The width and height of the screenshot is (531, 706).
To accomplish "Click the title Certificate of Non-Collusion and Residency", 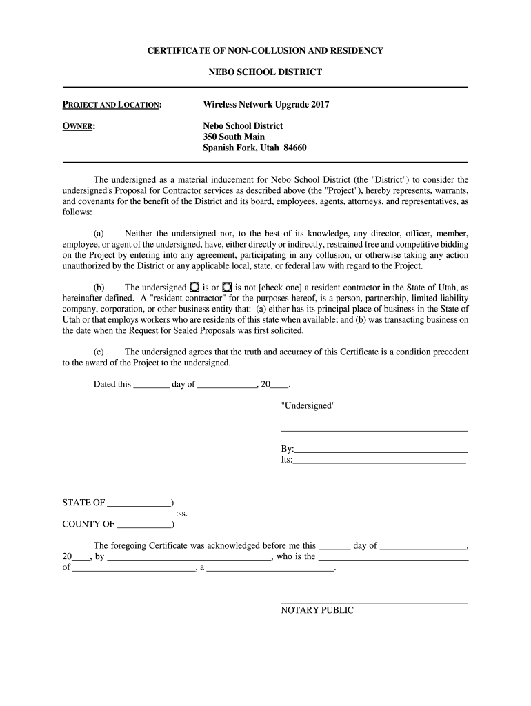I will tap(265, 51).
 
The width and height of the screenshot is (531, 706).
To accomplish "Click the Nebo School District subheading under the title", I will tap(265, 72).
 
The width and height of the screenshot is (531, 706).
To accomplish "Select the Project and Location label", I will tap(112, 105).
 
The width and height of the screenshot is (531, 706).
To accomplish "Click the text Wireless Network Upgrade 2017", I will tap(265, 105).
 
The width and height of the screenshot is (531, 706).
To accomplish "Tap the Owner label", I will tap(79, 126).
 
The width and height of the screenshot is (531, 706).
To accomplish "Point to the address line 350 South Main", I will tap(233, 137).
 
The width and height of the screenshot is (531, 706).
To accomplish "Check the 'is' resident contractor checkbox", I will tap(194, 287).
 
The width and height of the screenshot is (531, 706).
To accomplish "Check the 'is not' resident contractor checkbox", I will tap(227, 287).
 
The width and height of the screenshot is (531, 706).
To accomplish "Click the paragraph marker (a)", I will tap(99, 234).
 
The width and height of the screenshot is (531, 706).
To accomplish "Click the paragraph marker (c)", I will tap(99, 352).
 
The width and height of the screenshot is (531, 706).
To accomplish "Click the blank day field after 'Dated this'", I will tap(151, 385).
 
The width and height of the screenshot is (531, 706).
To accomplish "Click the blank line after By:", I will tap(381, 450).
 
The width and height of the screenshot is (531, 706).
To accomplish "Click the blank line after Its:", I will tap(379, 461).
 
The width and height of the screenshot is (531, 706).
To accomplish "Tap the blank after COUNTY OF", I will tap(144, 525).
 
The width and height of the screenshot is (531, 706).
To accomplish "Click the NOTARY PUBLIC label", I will tap(317, 610).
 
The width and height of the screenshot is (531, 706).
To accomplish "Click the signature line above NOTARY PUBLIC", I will tap(374, 603).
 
